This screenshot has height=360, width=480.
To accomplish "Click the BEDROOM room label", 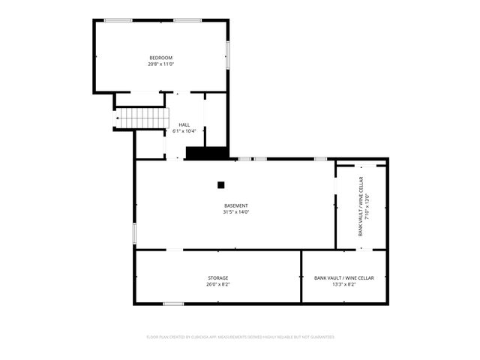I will (160, 58).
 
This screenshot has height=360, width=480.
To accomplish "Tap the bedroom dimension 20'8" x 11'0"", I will (160, 64).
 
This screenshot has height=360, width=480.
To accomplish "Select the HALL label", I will (184, 124).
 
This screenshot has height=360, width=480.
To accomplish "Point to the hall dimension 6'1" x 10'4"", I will (184, 131).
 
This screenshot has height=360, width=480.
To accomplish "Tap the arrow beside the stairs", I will (117, 118).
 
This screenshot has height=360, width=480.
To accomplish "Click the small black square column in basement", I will (220, 184).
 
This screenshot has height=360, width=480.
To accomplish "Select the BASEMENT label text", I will (235, 205).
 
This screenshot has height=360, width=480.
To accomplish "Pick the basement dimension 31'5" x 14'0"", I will (235, 212).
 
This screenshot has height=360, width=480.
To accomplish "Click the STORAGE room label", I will (217, 277).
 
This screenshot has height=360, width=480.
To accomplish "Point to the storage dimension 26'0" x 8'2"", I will (217, 284).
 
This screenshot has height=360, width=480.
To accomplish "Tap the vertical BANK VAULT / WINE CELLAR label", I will (360, 206).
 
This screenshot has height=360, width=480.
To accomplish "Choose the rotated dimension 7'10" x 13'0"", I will (367, 206).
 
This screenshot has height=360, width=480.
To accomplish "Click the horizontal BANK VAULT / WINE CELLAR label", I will (343, 277).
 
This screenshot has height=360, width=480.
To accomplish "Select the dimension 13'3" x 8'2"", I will (343, 284).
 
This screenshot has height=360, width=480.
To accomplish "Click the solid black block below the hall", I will (206, 153).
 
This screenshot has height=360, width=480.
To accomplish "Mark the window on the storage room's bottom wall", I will (173, 304).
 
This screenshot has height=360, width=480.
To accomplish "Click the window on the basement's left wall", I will (134, 232).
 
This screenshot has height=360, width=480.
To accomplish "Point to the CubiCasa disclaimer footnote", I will (240, 337).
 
